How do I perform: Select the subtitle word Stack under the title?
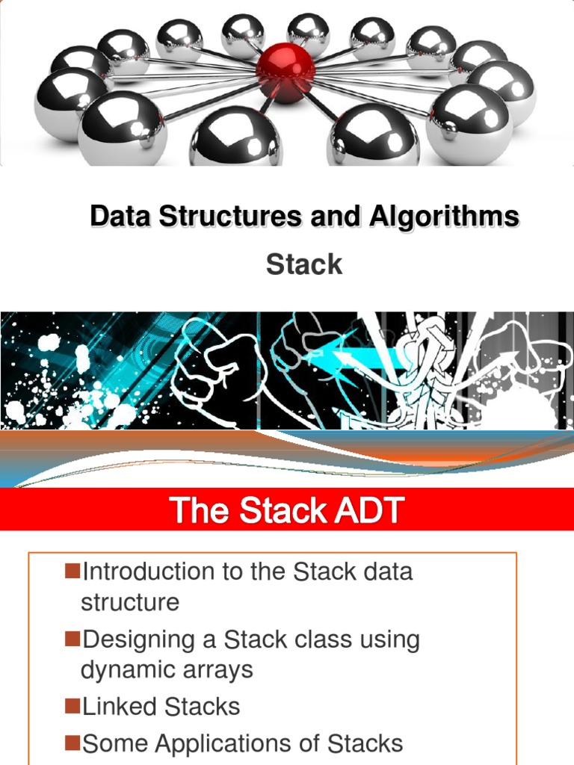click(304, 264)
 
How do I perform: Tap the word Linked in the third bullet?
click(119, 707)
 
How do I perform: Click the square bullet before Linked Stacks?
click(72, 705)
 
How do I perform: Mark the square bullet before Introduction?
click(72, 572)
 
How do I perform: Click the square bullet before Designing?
click(72, 639)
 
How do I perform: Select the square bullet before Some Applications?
click(72, 742)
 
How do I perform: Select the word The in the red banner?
click(196, 512)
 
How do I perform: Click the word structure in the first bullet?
click(130, 602)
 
